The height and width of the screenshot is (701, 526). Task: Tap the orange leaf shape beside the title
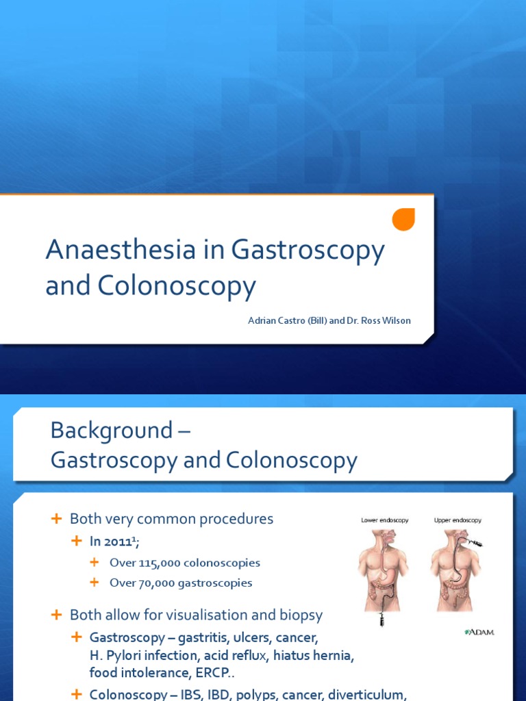click(x=403, y=219)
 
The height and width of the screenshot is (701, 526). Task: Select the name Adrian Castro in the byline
click(x=273, y=321)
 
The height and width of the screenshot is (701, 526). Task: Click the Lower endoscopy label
click(x=384, y=520)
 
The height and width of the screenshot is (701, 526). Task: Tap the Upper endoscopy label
click(x=458, y=520)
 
